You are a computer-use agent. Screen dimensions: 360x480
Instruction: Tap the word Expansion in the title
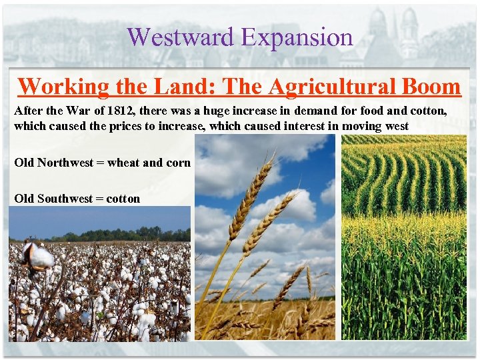pyautogui.click(x=297, y=37)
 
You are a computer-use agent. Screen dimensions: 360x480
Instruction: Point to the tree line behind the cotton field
pyautogui.click(x=127, y=235)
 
